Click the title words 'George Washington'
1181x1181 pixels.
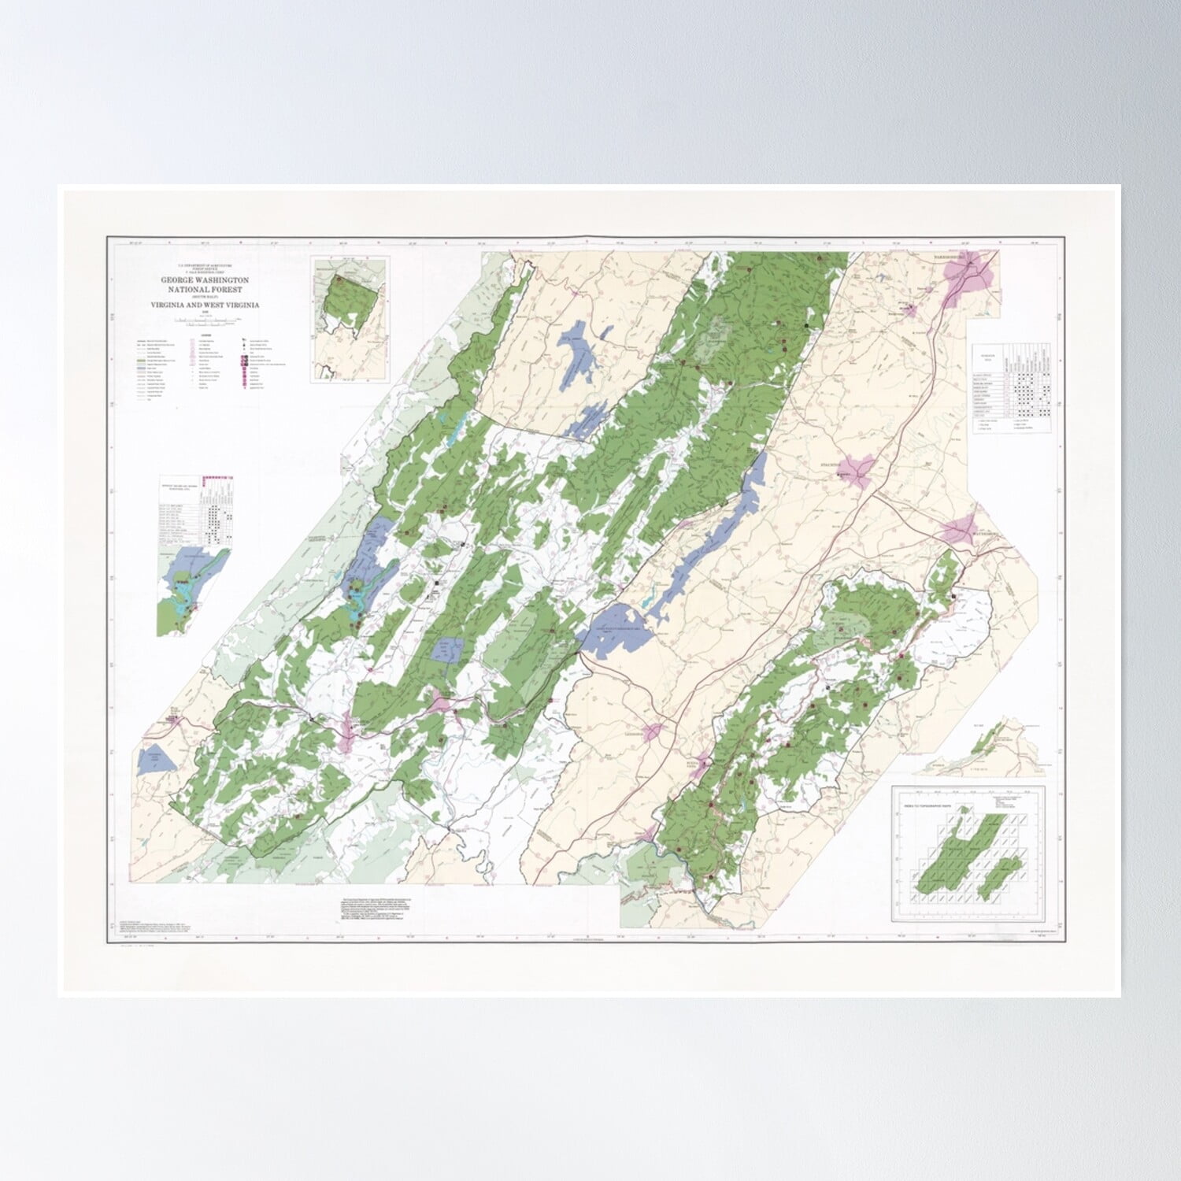coord(205,280)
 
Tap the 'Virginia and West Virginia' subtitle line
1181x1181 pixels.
coord(205,305)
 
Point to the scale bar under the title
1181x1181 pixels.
coord(206,320)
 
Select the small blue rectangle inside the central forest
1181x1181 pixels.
coord(449,650)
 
